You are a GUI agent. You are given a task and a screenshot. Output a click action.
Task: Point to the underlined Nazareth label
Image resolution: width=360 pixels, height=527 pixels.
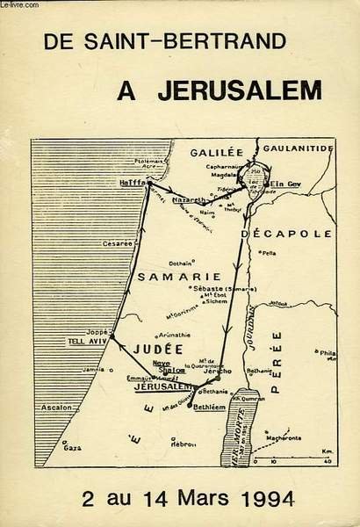[189, 199]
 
